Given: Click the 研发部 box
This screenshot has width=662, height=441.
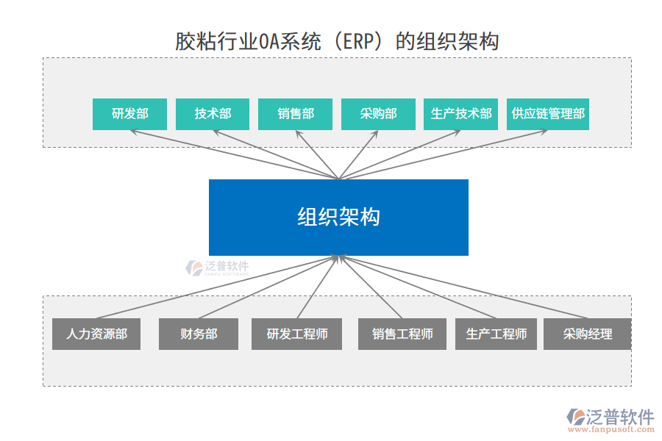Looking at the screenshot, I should tap(129, 114).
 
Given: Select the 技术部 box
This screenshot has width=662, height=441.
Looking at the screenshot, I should tap(213, 114).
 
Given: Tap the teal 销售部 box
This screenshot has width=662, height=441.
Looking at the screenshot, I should tap(295, 114).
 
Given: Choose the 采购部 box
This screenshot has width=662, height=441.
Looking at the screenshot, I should tap(378, 114).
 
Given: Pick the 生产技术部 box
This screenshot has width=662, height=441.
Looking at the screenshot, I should tap(461, 114).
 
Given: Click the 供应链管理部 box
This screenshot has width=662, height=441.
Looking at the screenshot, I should tap(548, 114).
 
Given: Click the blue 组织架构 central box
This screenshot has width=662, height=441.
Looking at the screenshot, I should tap(338, 218).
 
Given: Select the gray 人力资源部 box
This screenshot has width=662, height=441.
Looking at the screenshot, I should tap(96, 334).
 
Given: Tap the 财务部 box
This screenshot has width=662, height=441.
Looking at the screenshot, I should tap(199, 334).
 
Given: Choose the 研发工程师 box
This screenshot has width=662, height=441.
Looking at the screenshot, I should tap(297, 334).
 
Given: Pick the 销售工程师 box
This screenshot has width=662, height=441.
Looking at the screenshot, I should tap(402, 334).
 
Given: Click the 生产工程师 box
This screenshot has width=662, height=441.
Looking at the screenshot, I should tap(496, 334).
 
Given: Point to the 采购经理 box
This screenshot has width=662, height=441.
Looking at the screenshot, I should tap(587, 334).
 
